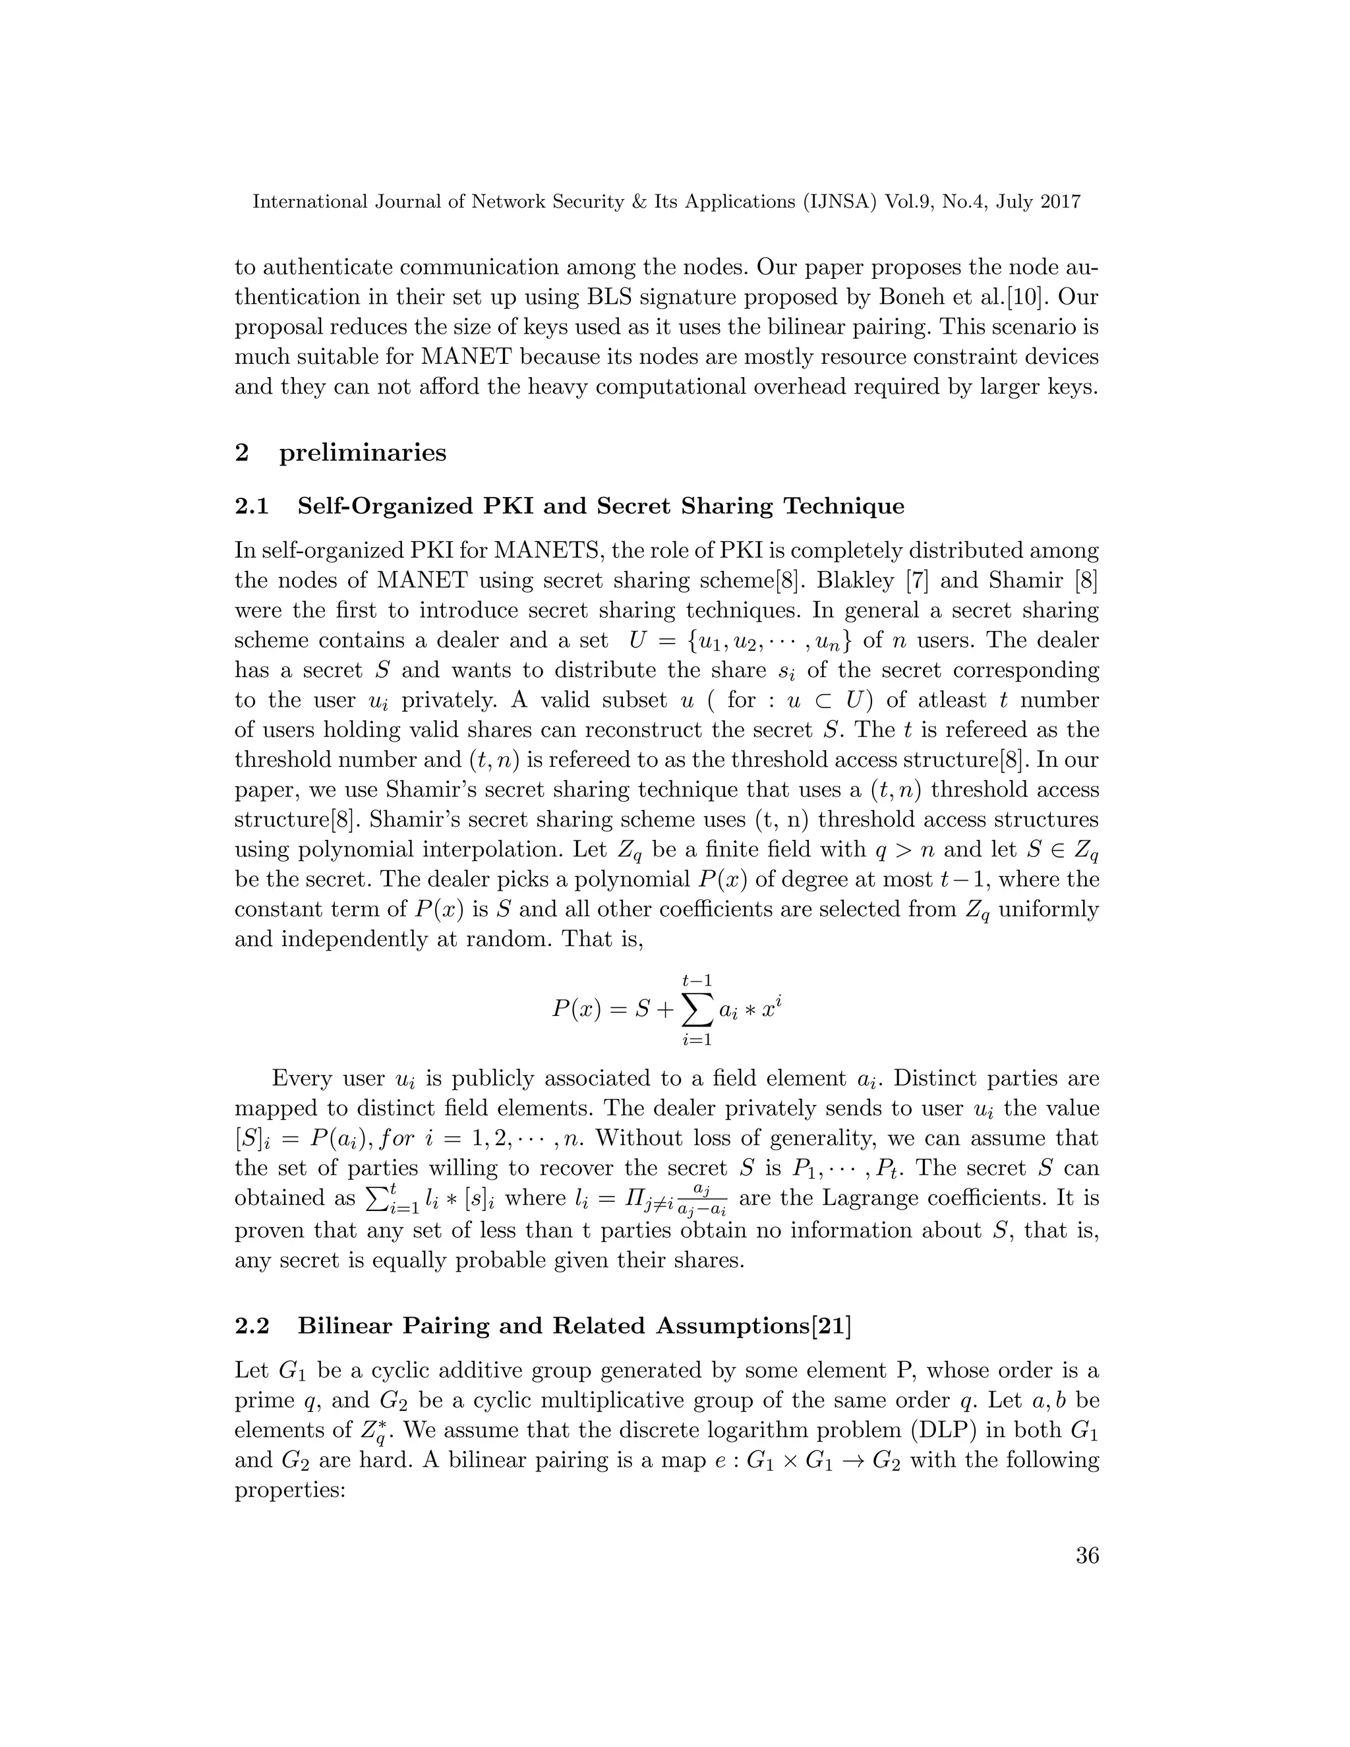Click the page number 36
click(x=1087, y=1556)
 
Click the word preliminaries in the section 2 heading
click(x=363, y=453)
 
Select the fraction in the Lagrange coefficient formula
click(x=702, y=1200)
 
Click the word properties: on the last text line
click(x=289, y=1491)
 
